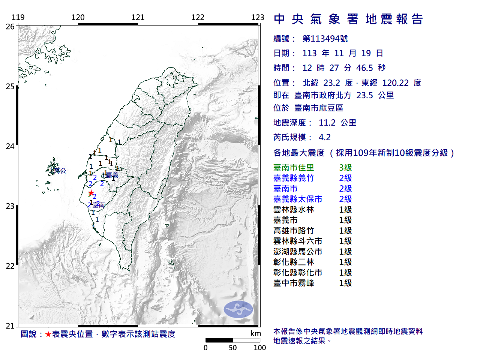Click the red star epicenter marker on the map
[91, 193]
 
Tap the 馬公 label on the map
[60, 171]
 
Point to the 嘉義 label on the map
[112, 175]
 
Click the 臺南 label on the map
[99, 205]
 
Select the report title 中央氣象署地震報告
[348, 19]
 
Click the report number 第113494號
[325, 39]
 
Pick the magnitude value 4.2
[325, 137]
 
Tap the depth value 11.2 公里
[337, 123]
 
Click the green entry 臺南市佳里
[294, 168]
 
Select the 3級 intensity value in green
[345, 168]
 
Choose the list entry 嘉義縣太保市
[298, 199]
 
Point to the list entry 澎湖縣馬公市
[298, 252]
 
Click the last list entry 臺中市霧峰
[294, 283]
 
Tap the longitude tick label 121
[138, 17]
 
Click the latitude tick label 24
[10, 146]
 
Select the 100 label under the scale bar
[259, 348]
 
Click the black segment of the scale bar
[219, 340]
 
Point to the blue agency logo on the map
[238, 309]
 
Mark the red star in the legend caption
[48, 334]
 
